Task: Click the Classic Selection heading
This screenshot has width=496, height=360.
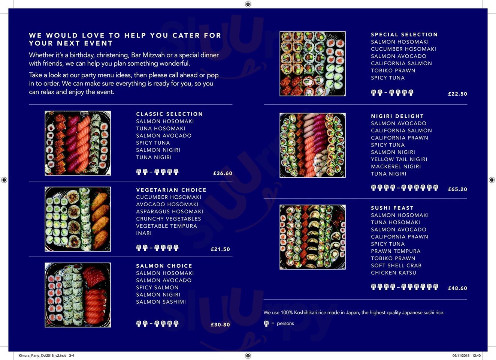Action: coord(169,114)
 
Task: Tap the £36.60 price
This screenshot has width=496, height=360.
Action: coord(223,173)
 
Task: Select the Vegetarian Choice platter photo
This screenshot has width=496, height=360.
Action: coord(78,219)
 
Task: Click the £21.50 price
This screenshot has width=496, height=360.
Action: coord(220,249)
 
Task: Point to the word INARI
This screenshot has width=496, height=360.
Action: coord(144,233)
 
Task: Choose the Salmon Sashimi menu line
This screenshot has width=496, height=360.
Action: coord(161,302)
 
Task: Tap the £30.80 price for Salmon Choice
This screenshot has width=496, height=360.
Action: coord(220,324)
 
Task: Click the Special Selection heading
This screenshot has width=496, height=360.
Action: coord(404,34)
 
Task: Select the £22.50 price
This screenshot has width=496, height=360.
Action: coord(457,94)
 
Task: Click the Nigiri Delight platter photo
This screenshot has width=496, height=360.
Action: coord(312,145)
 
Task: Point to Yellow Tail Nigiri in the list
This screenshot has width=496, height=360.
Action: coord(399,159)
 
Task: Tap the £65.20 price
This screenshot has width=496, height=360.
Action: coord(457,189)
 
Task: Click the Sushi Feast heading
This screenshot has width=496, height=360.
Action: coord(392,208)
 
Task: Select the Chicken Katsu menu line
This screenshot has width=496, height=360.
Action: coord(394,273)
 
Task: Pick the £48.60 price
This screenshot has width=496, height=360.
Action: coord(457,288)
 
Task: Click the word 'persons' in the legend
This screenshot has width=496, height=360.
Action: coord(285,323)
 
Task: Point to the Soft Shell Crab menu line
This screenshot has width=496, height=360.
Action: coord(396,265)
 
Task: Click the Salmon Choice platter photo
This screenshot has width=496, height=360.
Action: coord(78,295)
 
